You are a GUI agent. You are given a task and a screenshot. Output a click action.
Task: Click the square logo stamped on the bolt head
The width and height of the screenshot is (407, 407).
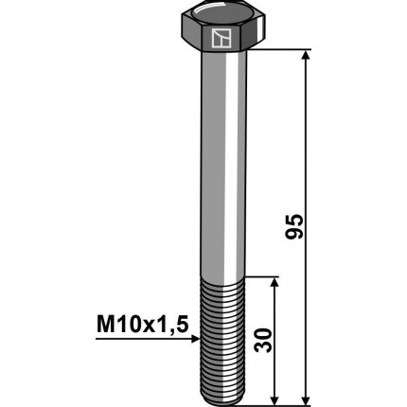220,39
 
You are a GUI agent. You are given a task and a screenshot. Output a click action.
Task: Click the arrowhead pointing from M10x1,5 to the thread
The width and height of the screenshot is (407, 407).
194,345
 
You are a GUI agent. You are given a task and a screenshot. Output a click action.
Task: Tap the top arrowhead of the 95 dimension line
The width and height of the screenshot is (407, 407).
305,58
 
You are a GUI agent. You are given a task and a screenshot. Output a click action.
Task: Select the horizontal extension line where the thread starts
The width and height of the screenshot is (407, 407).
260,277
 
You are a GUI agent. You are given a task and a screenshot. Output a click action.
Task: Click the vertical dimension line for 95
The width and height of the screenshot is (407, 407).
305,142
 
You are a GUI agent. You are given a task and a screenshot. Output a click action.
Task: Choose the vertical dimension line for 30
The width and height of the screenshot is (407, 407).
274,312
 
